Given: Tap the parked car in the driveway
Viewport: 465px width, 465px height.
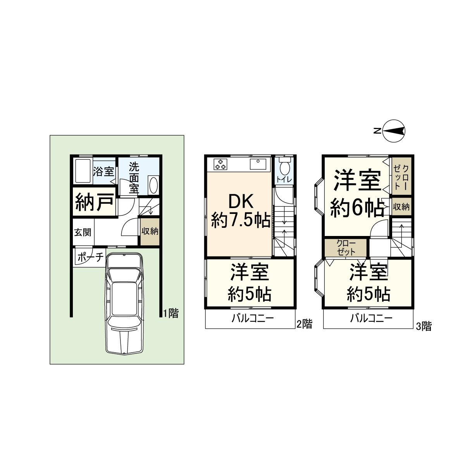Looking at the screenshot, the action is (124, 303).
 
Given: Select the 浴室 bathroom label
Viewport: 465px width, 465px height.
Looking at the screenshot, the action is (103, 171).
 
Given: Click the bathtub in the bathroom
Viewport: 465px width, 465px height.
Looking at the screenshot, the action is (83, 171).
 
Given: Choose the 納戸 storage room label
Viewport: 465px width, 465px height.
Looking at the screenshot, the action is (95, 202).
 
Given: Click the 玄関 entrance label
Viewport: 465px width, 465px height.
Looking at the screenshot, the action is (83, 232).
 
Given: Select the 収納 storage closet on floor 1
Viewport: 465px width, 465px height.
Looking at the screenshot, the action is (150, 232).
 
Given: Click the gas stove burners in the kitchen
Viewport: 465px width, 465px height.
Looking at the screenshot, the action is (220, 164).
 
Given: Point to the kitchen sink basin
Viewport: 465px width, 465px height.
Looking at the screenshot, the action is (258, 164).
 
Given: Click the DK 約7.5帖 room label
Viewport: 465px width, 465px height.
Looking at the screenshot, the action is (241, 211).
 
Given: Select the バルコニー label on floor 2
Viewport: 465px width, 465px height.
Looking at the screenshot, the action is (253, 319).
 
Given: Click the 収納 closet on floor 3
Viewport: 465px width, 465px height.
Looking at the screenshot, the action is (401, 207).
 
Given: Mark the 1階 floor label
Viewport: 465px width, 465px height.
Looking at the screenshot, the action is (171, 313).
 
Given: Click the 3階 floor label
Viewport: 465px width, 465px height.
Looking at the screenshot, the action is (424, 326).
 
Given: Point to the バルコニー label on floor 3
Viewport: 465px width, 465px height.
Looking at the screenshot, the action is (371, 319).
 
